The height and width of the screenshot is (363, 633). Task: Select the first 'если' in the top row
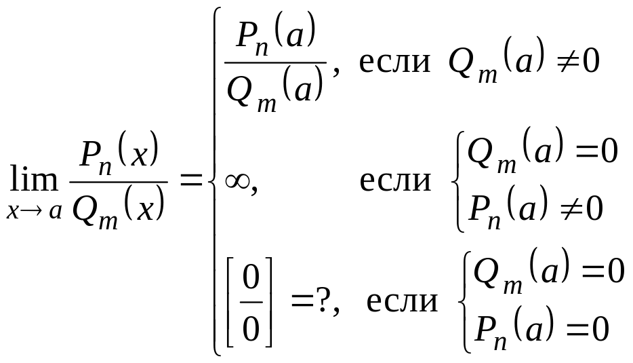[394, 62]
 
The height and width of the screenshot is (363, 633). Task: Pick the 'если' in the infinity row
[394, 181]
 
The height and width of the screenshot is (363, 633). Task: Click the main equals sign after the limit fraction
[190, 181]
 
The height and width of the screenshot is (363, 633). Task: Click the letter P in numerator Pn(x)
[91, 155]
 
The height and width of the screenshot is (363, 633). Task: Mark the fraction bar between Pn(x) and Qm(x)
[119, 182]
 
